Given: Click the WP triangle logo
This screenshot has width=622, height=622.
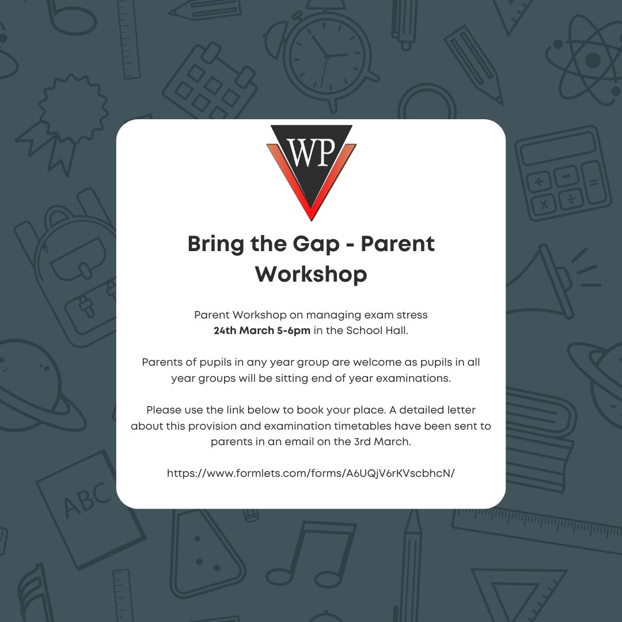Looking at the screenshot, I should pos(311,170).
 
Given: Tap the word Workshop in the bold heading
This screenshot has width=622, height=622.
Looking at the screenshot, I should pos(311,274).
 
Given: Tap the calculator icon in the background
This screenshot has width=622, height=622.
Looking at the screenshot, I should pos(563,173).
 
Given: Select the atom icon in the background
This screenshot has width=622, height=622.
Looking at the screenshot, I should pos(587,58).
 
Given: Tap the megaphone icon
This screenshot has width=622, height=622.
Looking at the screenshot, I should pos(547,271).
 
